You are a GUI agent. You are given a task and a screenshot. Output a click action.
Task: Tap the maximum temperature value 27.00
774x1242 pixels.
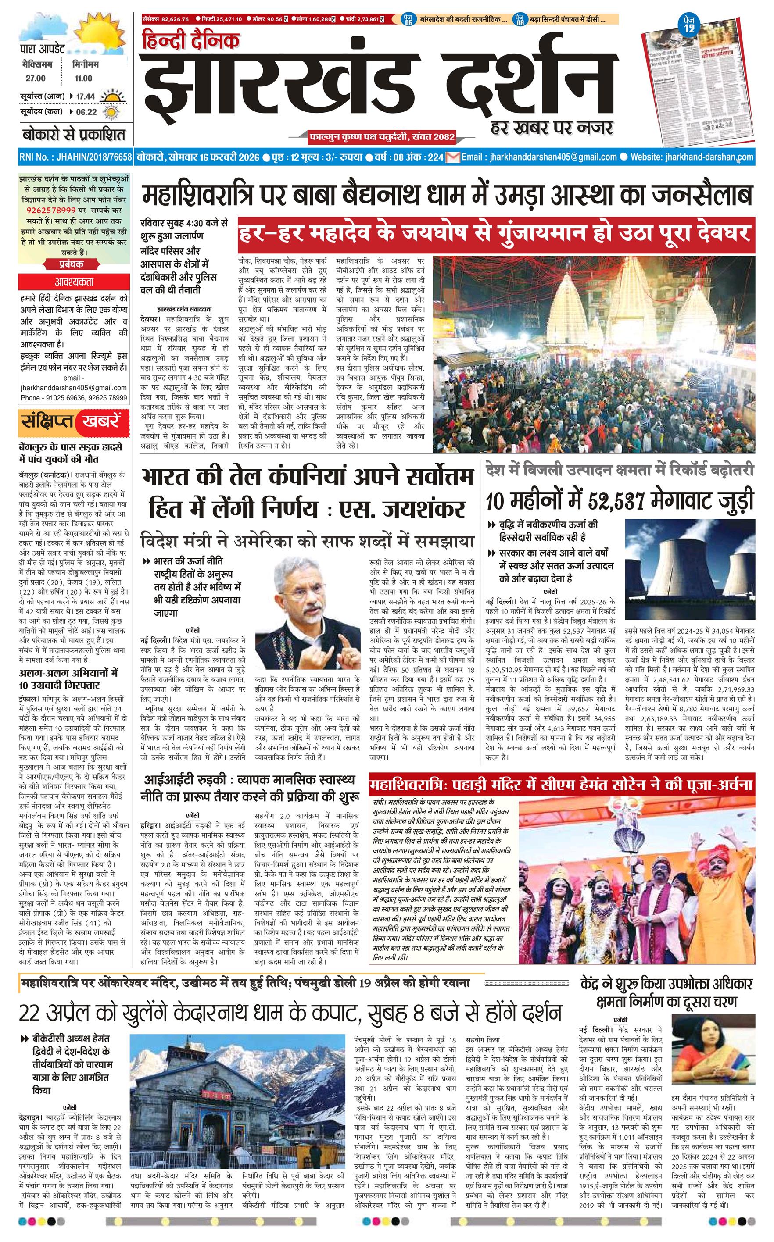(x=36, y=78)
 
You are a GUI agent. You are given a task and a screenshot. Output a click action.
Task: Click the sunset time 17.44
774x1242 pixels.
(x=86, y=96)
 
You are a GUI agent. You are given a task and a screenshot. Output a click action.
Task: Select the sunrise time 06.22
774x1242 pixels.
(x=86, y=112)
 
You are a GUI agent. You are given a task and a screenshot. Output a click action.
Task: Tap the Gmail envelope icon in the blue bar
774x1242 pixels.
(x=452, y=157)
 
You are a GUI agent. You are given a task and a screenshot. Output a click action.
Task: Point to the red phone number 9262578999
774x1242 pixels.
(x=52, y=210)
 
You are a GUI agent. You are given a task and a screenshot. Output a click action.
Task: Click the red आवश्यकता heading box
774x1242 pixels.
(x=74, y=282)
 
